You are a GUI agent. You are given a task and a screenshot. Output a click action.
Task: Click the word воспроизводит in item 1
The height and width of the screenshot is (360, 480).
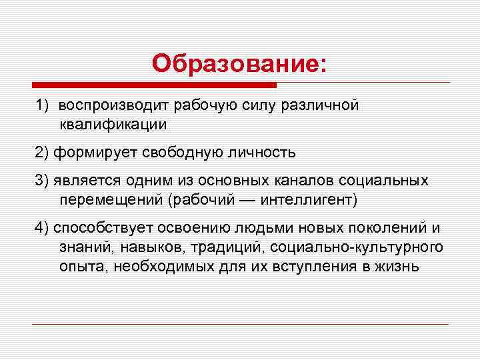click(114, 105)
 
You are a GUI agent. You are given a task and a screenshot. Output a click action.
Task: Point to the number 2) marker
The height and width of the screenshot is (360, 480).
click(42, 153)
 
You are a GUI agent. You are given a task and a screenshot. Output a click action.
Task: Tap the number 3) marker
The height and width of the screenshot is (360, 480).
click(42, 181)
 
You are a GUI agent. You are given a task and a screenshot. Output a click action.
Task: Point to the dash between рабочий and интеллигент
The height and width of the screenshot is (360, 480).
click(245, 199)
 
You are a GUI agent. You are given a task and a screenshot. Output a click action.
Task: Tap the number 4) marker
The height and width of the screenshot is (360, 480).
click(42, 229)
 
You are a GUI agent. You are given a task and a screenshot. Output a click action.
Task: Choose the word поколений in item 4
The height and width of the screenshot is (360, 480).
click(381, 229)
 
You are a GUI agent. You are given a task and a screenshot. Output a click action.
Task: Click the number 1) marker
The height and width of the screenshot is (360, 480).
click(42, 105)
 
